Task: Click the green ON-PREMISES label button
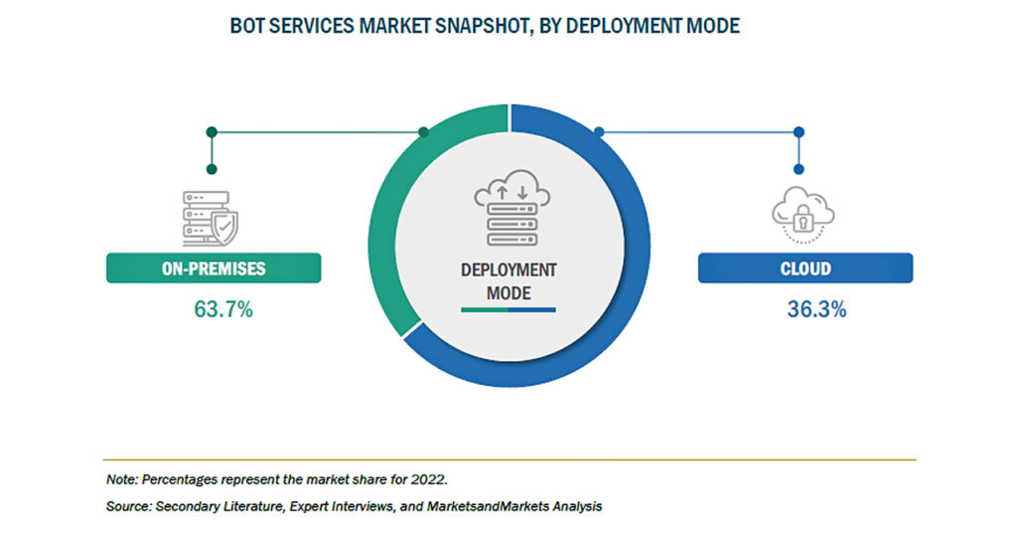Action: pos(214,268)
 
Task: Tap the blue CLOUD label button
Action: pos(804,268)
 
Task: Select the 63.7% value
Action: pos(223,309)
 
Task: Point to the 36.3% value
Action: pos(816,309)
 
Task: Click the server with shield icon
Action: pos(211,218)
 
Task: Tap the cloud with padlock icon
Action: pos(802,215)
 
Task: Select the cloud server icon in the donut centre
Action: pos(512,208)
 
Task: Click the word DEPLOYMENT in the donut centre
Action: pos(508,270)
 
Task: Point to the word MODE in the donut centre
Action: pos(508,293)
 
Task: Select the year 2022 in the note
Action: pos(429,479)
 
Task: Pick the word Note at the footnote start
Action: pos(122,479)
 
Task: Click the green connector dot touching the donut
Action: pos(423,132)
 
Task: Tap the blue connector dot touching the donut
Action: pos(599,132)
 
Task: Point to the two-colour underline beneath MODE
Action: pos(508,310)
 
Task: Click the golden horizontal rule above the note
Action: pos(509,459)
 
